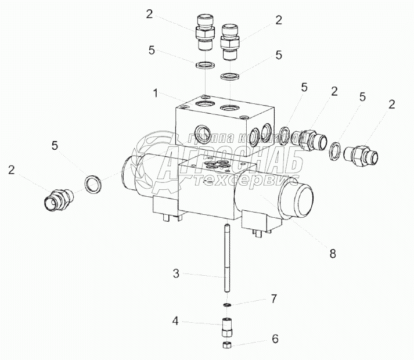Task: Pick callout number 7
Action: (x=272, y=299)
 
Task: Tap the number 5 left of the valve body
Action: (x=55, y=145)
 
